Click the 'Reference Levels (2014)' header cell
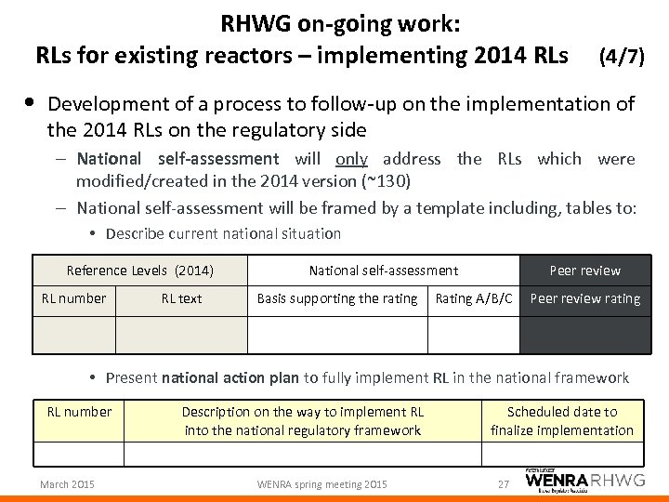point(140,271)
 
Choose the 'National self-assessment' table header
point(384,271)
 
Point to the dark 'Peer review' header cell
point(585,271)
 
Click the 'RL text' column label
point(181,298)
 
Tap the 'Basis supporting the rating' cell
point(337,298)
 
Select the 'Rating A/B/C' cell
point(474,298)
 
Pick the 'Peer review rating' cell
point(585,298)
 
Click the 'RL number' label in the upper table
point(74,298)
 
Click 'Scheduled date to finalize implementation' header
point(561,420)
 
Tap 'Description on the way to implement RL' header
point(303,420)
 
